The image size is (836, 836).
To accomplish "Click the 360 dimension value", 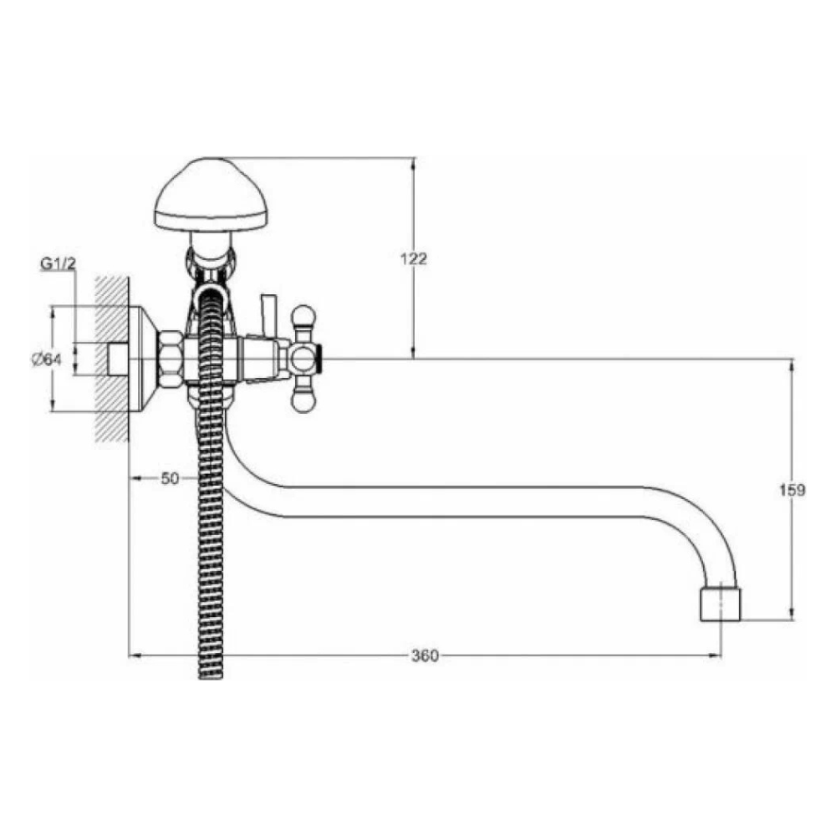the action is coord(425,655).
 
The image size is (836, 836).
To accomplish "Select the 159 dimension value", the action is coord(793,489).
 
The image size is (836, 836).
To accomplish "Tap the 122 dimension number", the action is coord(414,258).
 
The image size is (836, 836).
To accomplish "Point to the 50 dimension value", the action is coord(170,478).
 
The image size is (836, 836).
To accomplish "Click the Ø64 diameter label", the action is coord(46,359).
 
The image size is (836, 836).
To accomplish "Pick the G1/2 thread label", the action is coord(59,263).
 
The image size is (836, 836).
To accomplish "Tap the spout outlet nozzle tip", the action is coord(721,604).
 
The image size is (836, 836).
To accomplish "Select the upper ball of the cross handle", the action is coord(303,316).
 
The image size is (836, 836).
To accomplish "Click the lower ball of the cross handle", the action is coord(303,401).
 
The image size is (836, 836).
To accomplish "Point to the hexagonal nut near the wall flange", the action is coord(171,359).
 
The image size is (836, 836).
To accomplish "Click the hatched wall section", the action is coord(113,359).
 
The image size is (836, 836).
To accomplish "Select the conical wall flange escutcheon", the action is coord(144,359).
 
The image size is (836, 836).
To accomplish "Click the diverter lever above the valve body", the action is coord(268,316).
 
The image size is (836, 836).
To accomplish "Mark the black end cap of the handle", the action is coord(319,359).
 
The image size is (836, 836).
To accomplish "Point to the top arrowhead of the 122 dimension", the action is coord(413,163).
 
